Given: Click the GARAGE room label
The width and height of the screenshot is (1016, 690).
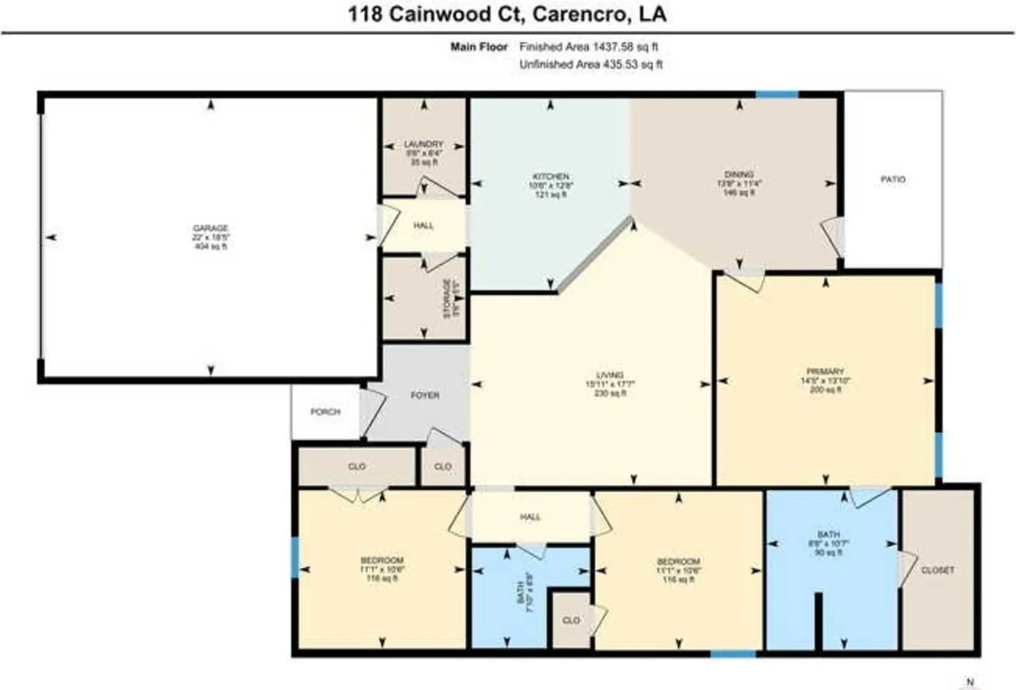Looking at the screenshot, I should [x=210, y=228].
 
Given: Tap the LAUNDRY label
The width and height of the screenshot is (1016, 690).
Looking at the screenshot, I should [x=423, y=145].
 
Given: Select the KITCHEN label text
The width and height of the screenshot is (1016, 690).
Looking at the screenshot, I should [x=551, y=175].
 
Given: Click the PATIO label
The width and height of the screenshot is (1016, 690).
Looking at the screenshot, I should [x=893, y=179].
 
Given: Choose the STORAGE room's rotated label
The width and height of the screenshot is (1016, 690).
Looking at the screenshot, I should [x=448, y=299].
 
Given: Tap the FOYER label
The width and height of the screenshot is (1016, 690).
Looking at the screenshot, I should [x=425, y=395].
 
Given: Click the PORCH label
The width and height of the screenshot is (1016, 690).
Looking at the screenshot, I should [x=325, y=412].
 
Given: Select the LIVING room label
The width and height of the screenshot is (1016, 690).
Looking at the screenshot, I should [x=610, y=375].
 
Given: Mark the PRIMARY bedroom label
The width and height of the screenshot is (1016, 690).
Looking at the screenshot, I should [x=825, y=371].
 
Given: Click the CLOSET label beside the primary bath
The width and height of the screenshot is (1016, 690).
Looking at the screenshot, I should [x=937, y=570].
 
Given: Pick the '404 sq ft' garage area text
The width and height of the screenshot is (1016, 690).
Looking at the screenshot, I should [x=210, y=247].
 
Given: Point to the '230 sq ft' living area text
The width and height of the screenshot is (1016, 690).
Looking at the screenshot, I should [x=610, y=393].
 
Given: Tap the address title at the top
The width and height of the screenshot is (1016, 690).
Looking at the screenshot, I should [x=508, y=15].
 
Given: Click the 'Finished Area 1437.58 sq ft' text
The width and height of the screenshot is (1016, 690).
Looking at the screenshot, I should [x=590, y=47].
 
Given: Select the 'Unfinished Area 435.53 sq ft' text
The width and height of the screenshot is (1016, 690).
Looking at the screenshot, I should [x=590, y=64].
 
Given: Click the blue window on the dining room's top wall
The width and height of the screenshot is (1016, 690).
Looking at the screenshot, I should [x=776, y=94].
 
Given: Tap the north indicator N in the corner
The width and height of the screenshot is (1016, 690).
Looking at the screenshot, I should [x=968, y=681].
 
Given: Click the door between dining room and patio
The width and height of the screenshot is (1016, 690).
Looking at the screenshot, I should [x=835, y=235].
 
